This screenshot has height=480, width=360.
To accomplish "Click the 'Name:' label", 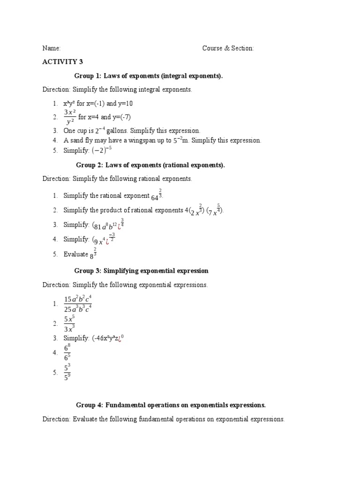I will (x=52, y=48).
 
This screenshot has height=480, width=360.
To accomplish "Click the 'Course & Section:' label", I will (x=228, y=48).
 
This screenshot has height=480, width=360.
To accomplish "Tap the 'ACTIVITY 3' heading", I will (x=63, y=61).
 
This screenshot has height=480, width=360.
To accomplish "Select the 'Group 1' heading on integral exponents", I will (x=149, y=75).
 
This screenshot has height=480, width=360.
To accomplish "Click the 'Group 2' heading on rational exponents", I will (x=150, y=165).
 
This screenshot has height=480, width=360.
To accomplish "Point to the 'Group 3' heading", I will (x=141, y=271).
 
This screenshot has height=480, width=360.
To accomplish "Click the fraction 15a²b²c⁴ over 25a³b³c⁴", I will (x=78, y=304).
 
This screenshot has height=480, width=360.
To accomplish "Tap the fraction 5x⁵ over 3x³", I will (x=69, y=323).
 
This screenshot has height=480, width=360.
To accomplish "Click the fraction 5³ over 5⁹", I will (x=67, y=372).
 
